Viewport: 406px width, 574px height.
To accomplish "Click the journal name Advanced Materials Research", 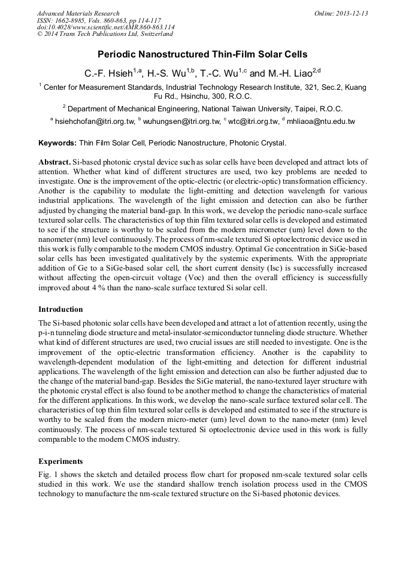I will pyautogui.click(x=78, y=13).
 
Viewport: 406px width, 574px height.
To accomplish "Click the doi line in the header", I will pyautogui.click(x=105, y=28).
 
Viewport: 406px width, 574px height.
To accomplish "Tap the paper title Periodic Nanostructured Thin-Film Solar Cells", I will pyautogui.click(x=202, y=54).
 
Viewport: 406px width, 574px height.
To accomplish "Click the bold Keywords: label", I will pyautogui.click(x=57, y=143).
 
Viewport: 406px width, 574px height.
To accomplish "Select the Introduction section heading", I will pyautogui.click(x=60, y=309).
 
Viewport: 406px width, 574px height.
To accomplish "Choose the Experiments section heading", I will pyautogui.click(x=60, y=461).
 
